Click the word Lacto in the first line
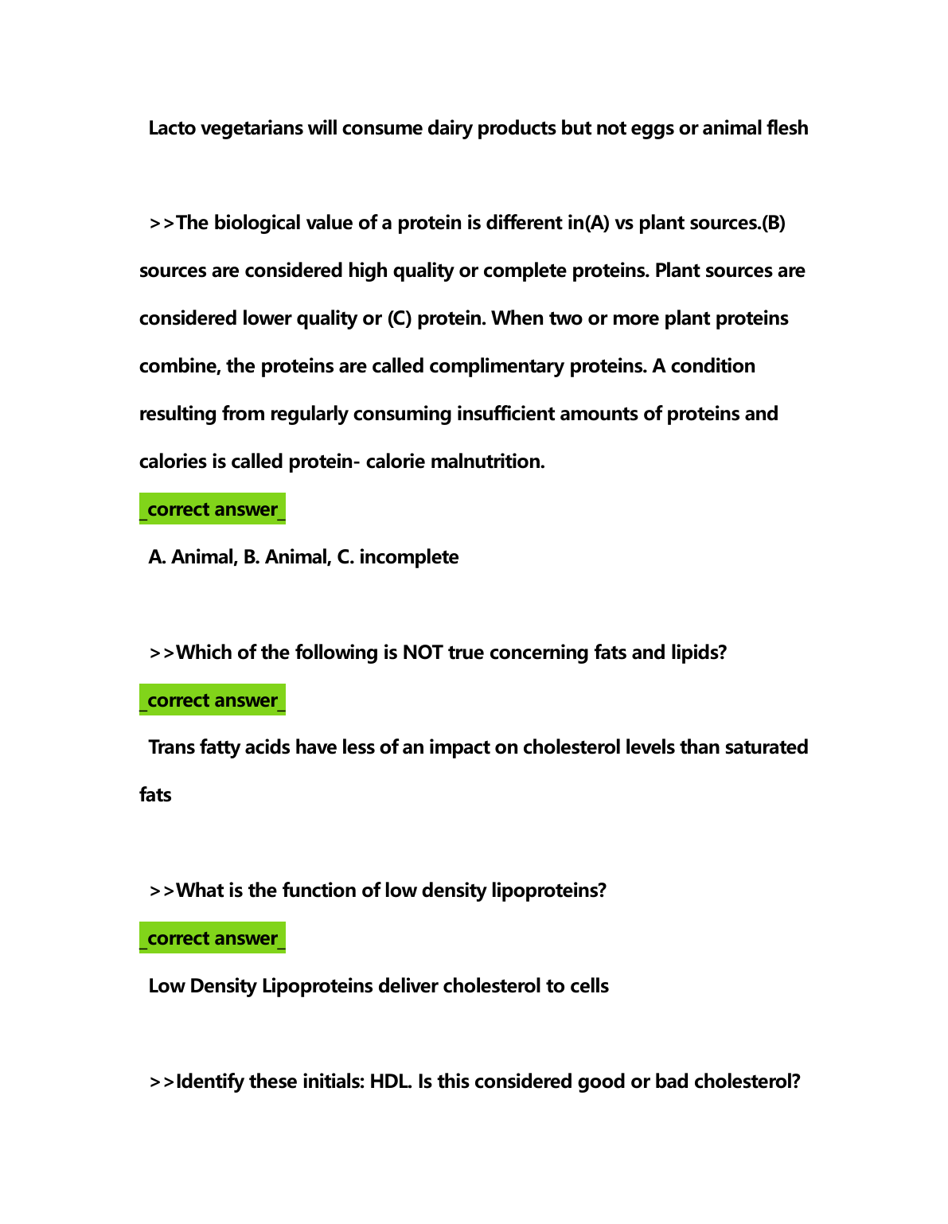(172, 128)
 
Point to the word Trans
(172, 747)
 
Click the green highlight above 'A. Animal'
(212, 509)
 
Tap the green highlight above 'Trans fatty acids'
(212, 700)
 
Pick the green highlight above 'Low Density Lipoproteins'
(212, 938)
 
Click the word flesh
(786, 128)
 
